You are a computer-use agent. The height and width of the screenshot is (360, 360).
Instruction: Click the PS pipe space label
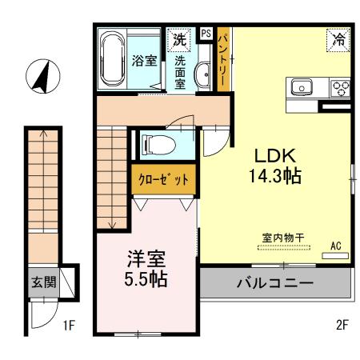(206, 34)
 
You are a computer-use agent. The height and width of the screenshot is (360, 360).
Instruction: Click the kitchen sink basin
(302, 86)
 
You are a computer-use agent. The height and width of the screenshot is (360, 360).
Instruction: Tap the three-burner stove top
(341, 87)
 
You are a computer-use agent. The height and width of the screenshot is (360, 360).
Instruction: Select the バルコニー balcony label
(274, 283)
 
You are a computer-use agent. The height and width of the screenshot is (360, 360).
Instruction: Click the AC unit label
(335, 246)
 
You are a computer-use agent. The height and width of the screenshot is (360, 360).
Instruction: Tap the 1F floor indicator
(68, 326)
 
